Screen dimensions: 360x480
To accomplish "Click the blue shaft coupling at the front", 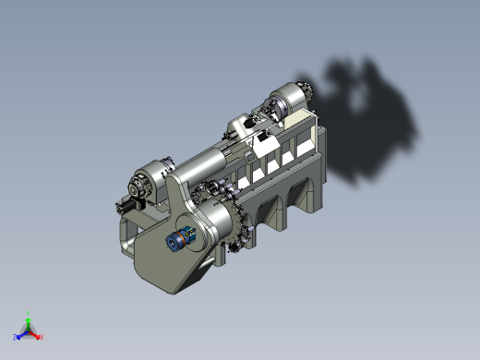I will [178, 240].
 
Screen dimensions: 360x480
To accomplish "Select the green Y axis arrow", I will [29, 321].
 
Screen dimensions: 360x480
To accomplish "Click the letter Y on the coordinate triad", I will [29, 314].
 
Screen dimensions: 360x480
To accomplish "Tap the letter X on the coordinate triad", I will [42, 338].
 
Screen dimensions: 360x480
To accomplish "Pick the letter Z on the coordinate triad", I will [16, 339].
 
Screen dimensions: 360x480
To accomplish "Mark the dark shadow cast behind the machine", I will [369, 120].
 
